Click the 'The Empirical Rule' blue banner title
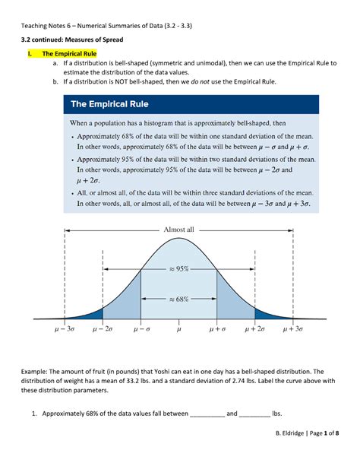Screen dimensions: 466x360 point(110,104)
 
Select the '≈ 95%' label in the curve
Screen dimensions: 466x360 point(179,268)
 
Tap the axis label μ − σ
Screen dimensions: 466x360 point(141,329)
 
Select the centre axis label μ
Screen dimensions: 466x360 point(179,329)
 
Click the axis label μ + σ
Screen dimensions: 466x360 point(218,329)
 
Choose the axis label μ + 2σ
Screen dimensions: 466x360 point(256,329)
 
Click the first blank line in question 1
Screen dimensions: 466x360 point(207,414)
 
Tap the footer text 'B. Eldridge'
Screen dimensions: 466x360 point(285,454)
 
